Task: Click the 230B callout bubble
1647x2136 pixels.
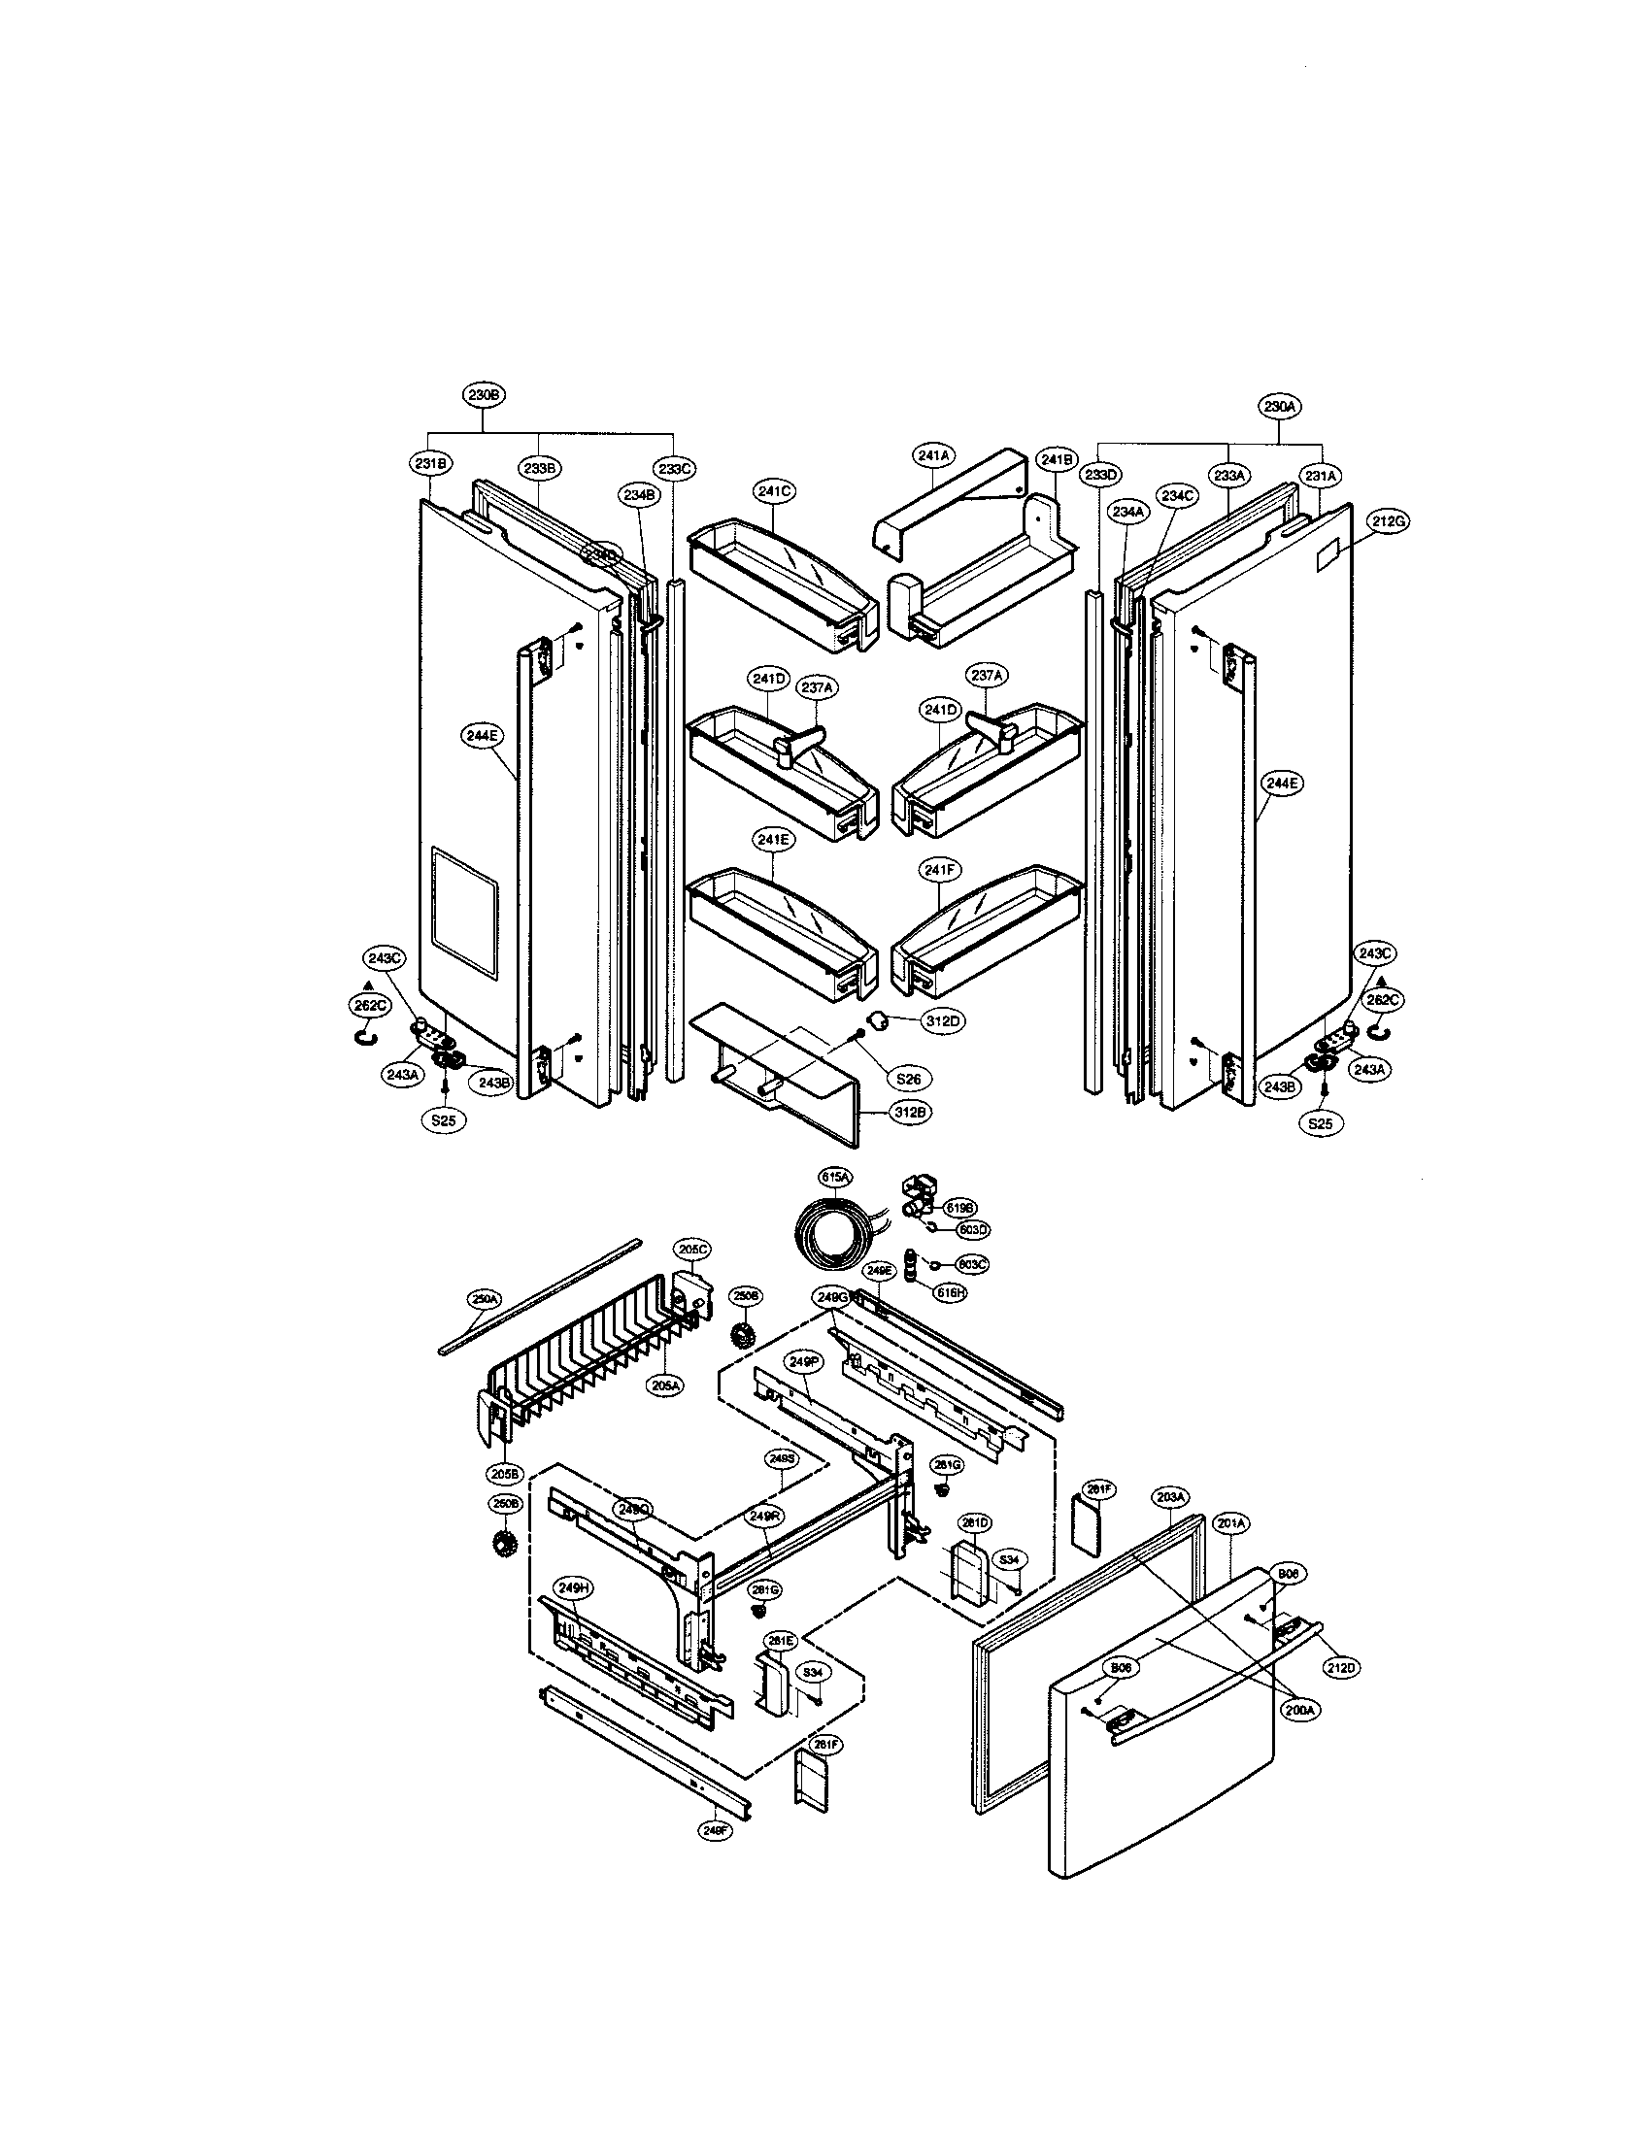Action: tap(485, 395)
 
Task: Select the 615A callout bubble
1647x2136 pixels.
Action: tap(834, 1180)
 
